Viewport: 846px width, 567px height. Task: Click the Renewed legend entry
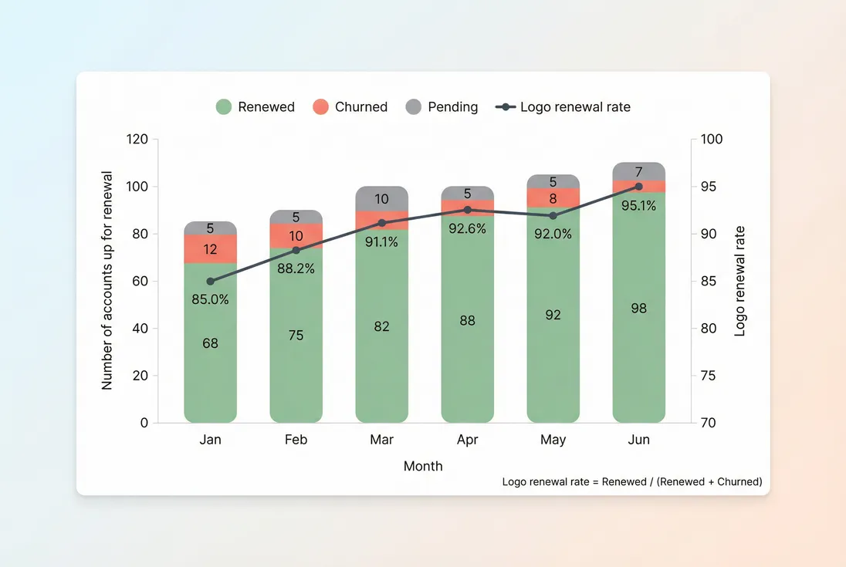[x=255, y=107]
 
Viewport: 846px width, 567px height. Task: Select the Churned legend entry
[x=350, y=107]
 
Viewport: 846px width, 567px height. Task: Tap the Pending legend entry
[x=442, y=107]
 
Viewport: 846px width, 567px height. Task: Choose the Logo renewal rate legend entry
[x=565, y=107]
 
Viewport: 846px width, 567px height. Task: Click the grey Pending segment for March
[x=381, y=199]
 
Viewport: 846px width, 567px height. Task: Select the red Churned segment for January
[x=210, y=249]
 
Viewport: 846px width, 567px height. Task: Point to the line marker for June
[x=638, y=186]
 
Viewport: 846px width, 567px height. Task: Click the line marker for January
[x=210, y=281]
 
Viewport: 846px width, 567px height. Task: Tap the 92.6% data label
[x=467, y=228]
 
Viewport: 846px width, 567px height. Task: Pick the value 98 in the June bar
[x=638, y=309]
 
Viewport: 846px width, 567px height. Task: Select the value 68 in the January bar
[x=210, y=343]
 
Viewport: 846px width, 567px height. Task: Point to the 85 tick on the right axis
[x=709, y=282]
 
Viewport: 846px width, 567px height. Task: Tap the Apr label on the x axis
[x=467, y=440]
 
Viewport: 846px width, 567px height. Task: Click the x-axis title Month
[x=423, y=466]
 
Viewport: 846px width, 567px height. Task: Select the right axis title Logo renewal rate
[x=739, y=281]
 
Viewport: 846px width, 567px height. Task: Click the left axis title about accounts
[x=107, y=281]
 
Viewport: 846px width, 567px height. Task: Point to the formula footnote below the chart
[x=631, y=481]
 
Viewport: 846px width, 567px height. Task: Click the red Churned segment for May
[x=553, y=198]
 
